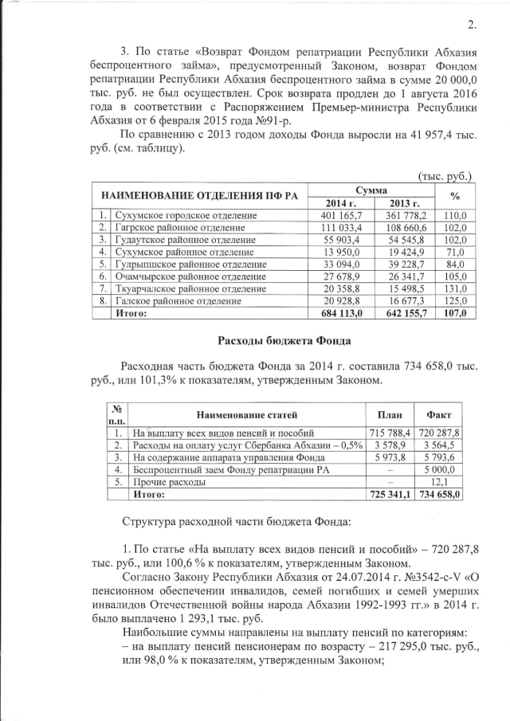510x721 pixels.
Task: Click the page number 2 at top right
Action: pyautogui.click(x=472, y=23)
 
